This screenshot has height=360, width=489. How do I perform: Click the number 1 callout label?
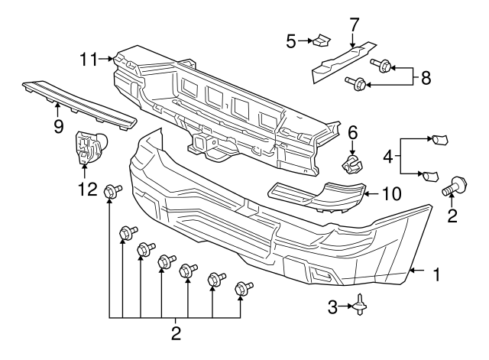coord(437,274)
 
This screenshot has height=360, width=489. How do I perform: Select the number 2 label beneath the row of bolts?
coord(176,333)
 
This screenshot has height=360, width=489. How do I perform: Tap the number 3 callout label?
coord(332,306)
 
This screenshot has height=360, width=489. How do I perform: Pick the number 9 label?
coord(58,126)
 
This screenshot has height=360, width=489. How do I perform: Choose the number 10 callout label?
coord(390,194)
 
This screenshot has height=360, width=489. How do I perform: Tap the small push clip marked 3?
coord(358,306)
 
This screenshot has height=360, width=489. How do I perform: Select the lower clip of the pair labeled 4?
coord(430,176)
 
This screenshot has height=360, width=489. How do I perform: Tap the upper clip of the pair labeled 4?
coord(439,140)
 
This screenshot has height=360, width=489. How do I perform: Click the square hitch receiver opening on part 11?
coord(205,143)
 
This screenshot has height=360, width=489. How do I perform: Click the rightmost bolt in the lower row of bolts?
coord(244,288)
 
